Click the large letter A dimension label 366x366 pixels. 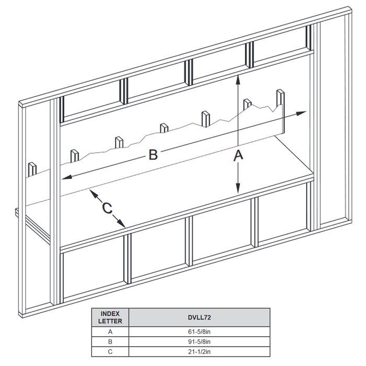pyautogui.click(x=238, y=155)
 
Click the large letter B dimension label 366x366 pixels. pyautogui.click(x=153, y=155)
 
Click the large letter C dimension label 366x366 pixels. pyautogui.click(x=107, y=208)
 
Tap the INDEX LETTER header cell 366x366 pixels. pyautogui.click(x=110, y=317)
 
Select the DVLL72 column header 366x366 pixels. pyautogui.click(x=199, y=317)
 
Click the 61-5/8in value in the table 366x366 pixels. pyautogui.click(x=199, y=331)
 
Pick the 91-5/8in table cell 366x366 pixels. pyautogui.click(x=199, y=341)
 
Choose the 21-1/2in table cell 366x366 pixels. pyautogui.click(x=199, y=352)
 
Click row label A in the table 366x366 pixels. pyautogui.click(x=110, y=331)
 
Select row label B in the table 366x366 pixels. pyautogui.click(x=110, y=341)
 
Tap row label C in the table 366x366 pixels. pyautogui.click(x=110, y=352)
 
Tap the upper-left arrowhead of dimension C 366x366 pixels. pyautogui.click(x=91, y=192)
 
